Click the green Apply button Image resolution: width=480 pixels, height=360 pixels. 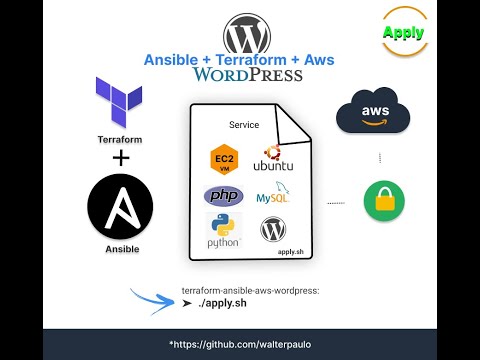point(403,32)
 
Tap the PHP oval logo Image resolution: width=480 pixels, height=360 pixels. point(223,195)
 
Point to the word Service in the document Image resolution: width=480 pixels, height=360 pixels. point(244,125)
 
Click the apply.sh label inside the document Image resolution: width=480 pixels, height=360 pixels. point(291,255)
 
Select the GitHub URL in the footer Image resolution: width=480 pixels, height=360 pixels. point(239,344)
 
